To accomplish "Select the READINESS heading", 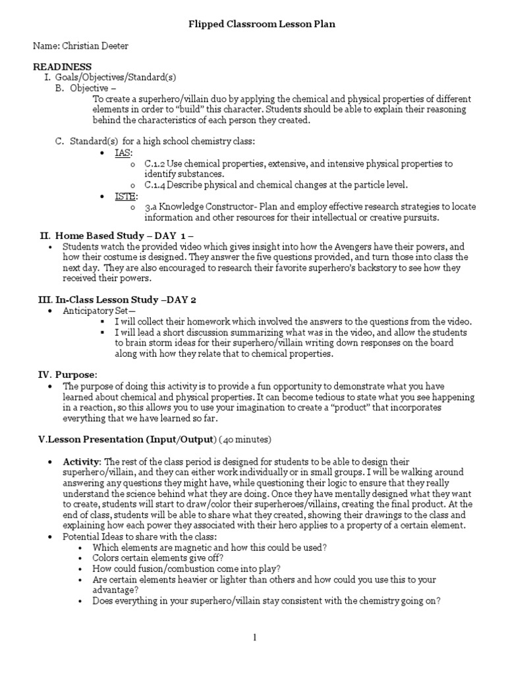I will coord(63,66).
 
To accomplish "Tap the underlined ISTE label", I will coord(126,196).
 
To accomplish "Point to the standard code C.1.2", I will coord(154,163).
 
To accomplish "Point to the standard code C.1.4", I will coord(154,184).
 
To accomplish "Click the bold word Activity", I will coord(82,462).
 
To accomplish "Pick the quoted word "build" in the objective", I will coord(204,110).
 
